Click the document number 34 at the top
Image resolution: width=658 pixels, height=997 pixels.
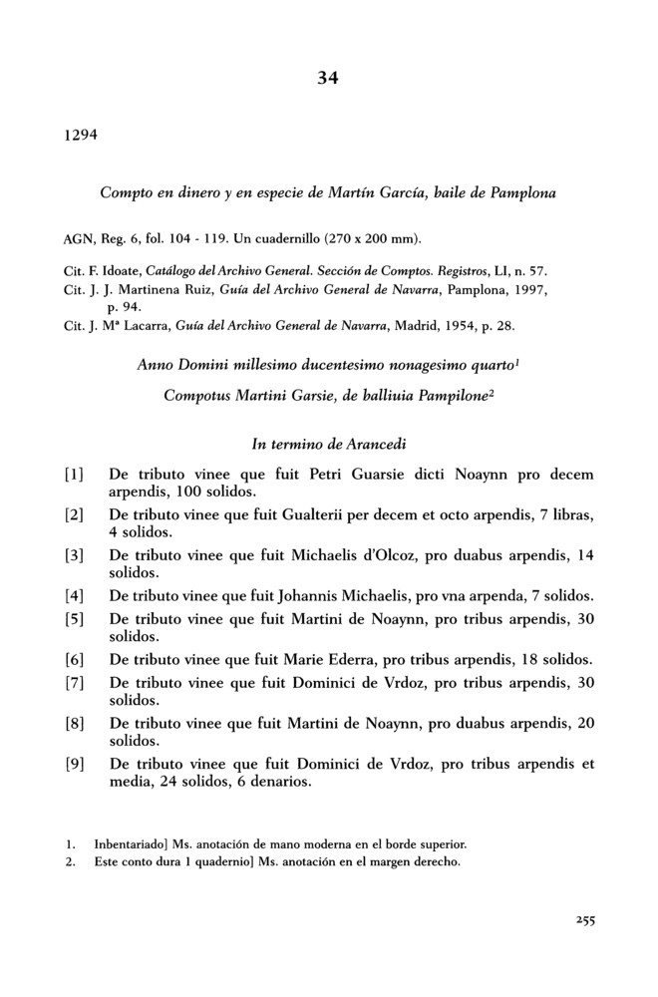(x=328, y=79)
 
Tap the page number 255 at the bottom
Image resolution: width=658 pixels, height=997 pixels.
(x=584, y=921)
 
